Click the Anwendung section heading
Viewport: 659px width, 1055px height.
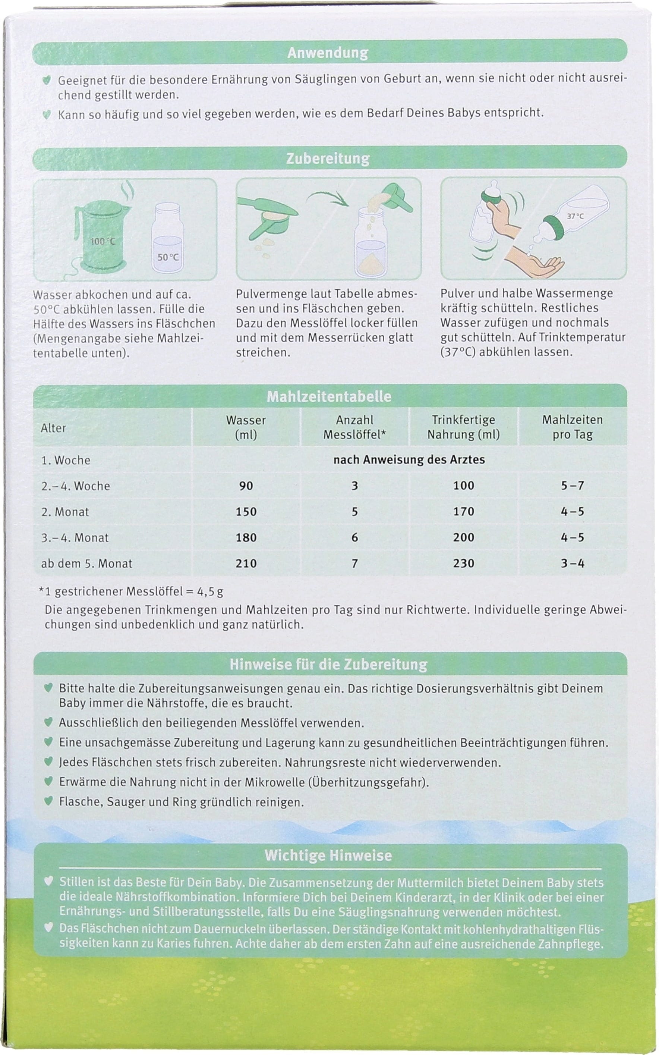pos(328,53)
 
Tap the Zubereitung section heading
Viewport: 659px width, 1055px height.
pos(328,158)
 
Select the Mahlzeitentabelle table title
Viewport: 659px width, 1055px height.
pos(329,397)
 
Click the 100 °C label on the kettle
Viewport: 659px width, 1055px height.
pos(103,241)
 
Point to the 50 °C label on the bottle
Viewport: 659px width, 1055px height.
pos(168,257)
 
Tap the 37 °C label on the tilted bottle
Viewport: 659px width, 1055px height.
pos(575,216)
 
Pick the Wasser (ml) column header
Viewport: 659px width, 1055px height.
pos(246,427)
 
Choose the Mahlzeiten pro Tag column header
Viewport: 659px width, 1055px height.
pos(572,427)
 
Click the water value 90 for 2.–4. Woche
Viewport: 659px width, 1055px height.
pos(246,486)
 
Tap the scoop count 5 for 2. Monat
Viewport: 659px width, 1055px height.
pos(355,511)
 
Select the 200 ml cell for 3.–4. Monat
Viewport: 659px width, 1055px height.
pos(463,537)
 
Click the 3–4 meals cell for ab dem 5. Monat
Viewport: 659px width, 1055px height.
pos(572,563)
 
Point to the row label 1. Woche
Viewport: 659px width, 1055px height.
pos(65,460)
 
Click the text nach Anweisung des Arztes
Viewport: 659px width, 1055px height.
pos(409,459)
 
